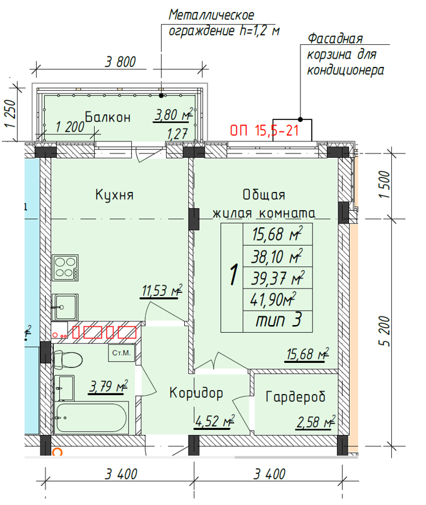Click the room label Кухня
[x=114, y=195]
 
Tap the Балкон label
[x=108, y=117]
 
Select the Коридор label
[x=196, y=393]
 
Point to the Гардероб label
[x=295, y=397]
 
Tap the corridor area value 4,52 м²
[x=215, y=421]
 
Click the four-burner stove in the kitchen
[x=66, y=268]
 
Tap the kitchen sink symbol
[x=65, y=307]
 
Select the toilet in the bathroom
[x=68, y=359]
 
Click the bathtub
[x=92, y=418]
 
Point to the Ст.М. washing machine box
[x=121, y=353]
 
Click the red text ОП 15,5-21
[x=264, y=131]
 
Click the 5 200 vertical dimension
[x=384, y=331]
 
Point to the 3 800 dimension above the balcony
[x=120, y=61]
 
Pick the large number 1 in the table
[x=234, y=275]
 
